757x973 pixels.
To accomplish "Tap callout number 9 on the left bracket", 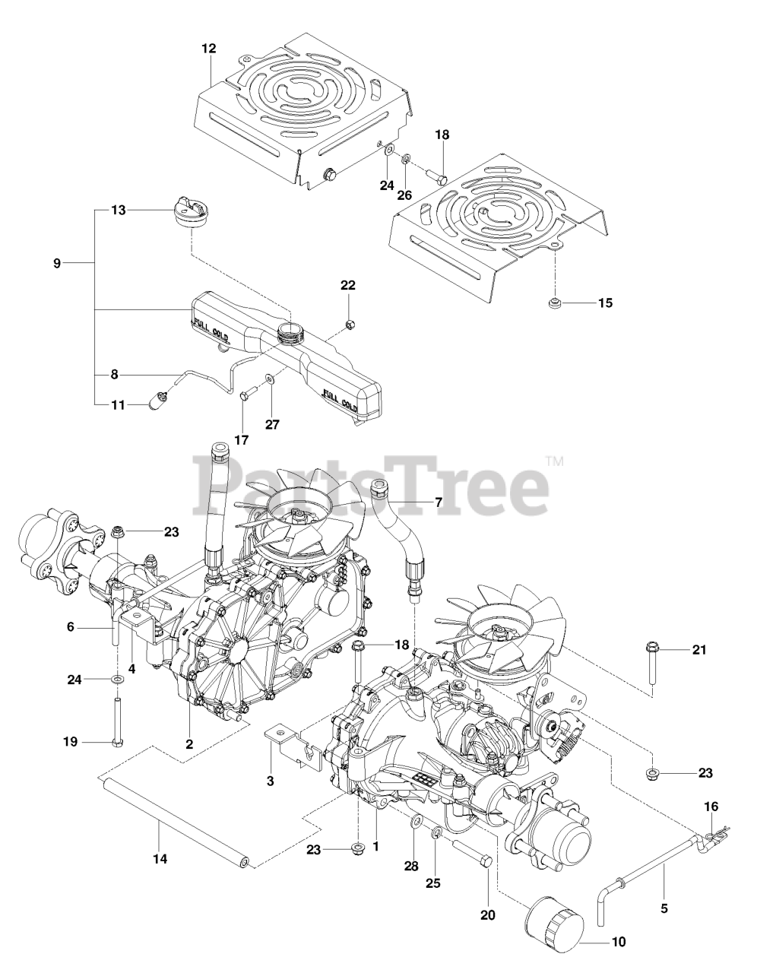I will (x=57, y=263).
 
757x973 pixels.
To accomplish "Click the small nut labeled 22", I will (x=349, y=325).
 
